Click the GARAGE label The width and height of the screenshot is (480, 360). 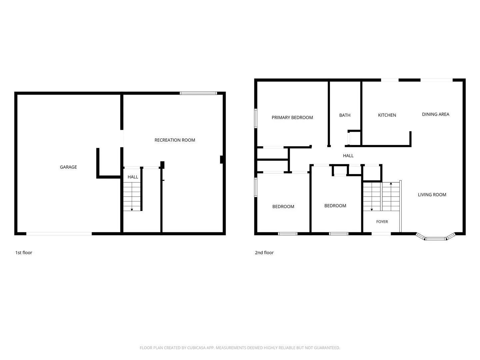[68, 167]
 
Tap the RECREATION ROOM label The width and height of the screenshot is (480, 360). [175, 140]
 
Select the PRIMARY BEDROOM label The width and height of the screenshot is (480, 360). [292, 118]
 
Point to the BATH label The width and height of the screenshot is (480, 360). [344, 115]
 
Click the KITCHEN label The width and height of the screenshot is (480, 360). [387, 115]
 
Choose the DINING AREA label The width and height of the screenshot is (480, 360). [435, 114]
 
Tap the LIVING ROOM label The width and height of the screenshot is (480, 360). [432, 195]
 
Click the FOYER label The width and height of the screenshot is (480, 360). [382, 222]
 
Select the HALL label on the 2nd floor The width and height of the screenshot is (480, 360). [348, 156]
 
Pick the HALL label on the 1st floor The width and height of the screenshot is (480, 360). [133, 177]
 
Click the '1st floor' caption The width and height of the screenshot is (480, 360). [24, 252]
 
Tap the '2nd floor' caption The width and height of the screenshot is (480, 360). [264, 252]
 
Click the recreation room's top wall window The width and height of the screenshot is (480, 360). [198, 93]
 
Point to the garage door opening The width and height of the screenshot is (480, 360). [59, 234]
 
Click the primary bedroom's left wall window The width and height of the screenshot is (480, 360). [255, 118]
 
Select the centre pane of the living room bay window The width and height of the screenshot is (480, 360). [435, 238]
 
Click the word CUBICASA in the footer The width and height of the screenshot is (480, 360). [196, 348]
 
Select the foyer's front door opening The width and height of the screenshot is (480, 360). [381, 234]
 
